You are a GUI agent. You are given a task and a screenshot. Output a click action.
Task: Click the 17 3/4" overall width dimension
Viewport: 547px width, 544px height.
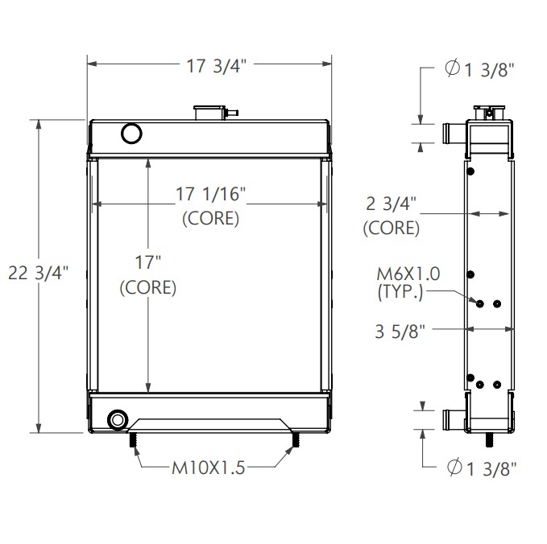(210, 66)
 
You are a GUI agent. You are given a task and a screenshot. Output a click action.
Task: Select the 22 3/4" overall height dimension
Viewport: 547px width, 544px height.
(37, 274)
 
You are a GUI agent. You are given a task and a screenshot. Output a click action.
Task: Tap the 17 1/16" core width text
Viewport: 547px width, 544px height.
(210, 193)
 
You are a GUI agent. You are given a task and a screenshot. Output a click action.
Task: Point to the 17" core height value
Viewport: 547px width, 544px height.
(147, 262)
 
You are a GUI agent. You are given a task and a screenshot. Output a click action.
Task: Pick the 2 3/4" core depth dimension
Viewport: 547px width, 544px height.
(392, 204)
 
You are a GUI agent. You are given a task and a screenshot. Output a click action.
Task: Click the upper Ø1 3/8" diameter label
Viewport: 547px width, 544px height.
(479, 70)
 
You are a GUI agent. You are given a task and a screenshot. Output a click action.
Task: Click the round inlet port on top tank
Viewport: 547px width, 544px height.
(130, 133)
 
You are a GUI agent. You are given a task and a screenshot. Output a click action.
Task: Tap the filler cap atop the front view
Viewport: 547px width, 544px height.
(212, 112)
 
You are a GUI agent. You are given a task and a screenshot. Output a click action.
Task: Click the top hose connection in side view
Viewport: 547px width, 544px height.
(451, 131)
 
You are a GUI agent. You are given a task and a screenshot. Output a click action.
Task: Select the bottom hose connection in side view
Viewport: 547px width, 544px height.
(451, 420)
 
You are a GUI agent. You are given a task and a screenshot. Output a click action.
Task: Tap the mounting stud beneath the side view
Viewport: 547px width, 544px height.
(490, 441)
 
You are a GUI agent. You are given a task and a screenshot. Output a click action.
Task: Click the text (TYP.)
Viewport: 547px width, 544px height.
(400, 293)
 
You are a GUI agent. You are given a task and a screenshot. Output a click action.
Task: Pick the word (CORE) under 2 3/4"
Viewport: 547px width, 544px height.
(392, 228)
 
